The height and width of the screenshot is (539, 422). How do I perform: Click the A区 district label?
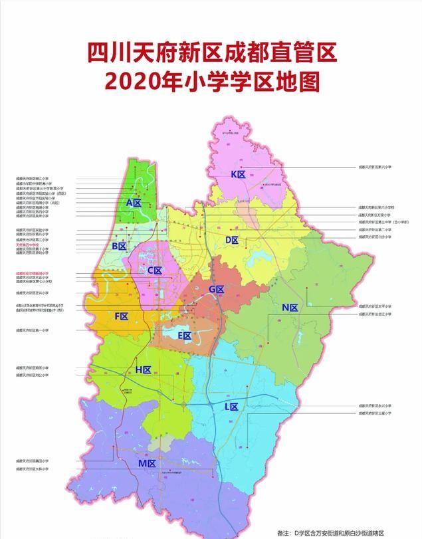134,202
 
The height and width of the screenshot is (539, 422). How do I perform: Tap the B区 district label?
120,246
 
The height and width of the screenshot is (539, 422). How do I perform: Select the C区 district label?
154,270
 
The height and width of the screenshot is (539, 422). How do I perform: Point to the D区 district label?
232,239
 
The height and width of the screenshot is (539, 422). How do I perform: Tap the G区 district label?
217,289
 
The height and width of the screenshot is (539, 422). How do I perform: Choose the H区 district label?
144,370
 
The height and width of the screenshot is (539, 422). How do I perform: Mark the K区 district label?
238,174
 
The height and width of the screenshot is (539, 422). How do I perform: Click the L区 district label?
231,406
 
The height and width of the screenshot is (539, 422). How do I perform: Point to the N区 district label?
290,307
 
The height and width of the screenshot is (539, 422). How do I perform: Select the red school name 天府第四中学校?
32,245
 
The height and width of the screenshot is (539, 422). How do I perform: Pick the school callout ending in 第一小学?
34,330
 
